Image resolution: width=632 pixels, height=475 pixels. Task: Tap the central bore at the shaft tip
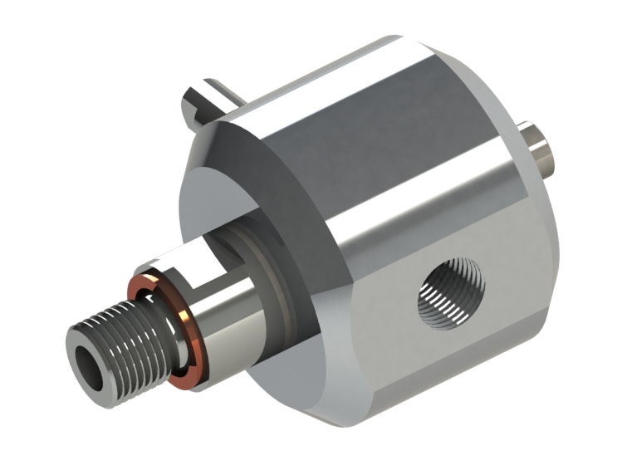(x=86, y=363)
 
